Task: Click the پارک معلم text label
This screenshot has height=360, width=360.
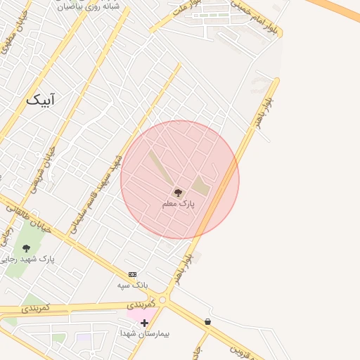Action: point(178,203)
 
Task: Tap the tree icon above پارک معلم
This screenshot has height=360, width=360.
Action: point(178,192)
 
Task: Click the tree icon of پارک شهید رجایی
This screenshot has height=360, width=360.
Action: point(26,248)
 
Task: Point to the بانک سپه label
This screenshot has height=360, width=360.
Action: point(131,285)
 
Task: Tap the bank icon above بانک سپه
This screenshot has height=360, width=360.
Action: point(132,274)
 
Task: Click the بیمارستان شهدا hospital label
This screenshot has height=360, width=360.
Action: point(150,333)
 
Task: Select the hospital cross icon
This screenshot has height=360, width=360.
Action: point(144,323)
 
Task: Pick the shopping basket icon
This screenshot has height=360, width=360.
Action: point(207,321)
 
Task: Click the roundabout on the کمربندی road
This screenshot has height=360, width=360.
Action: point(164,300)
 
